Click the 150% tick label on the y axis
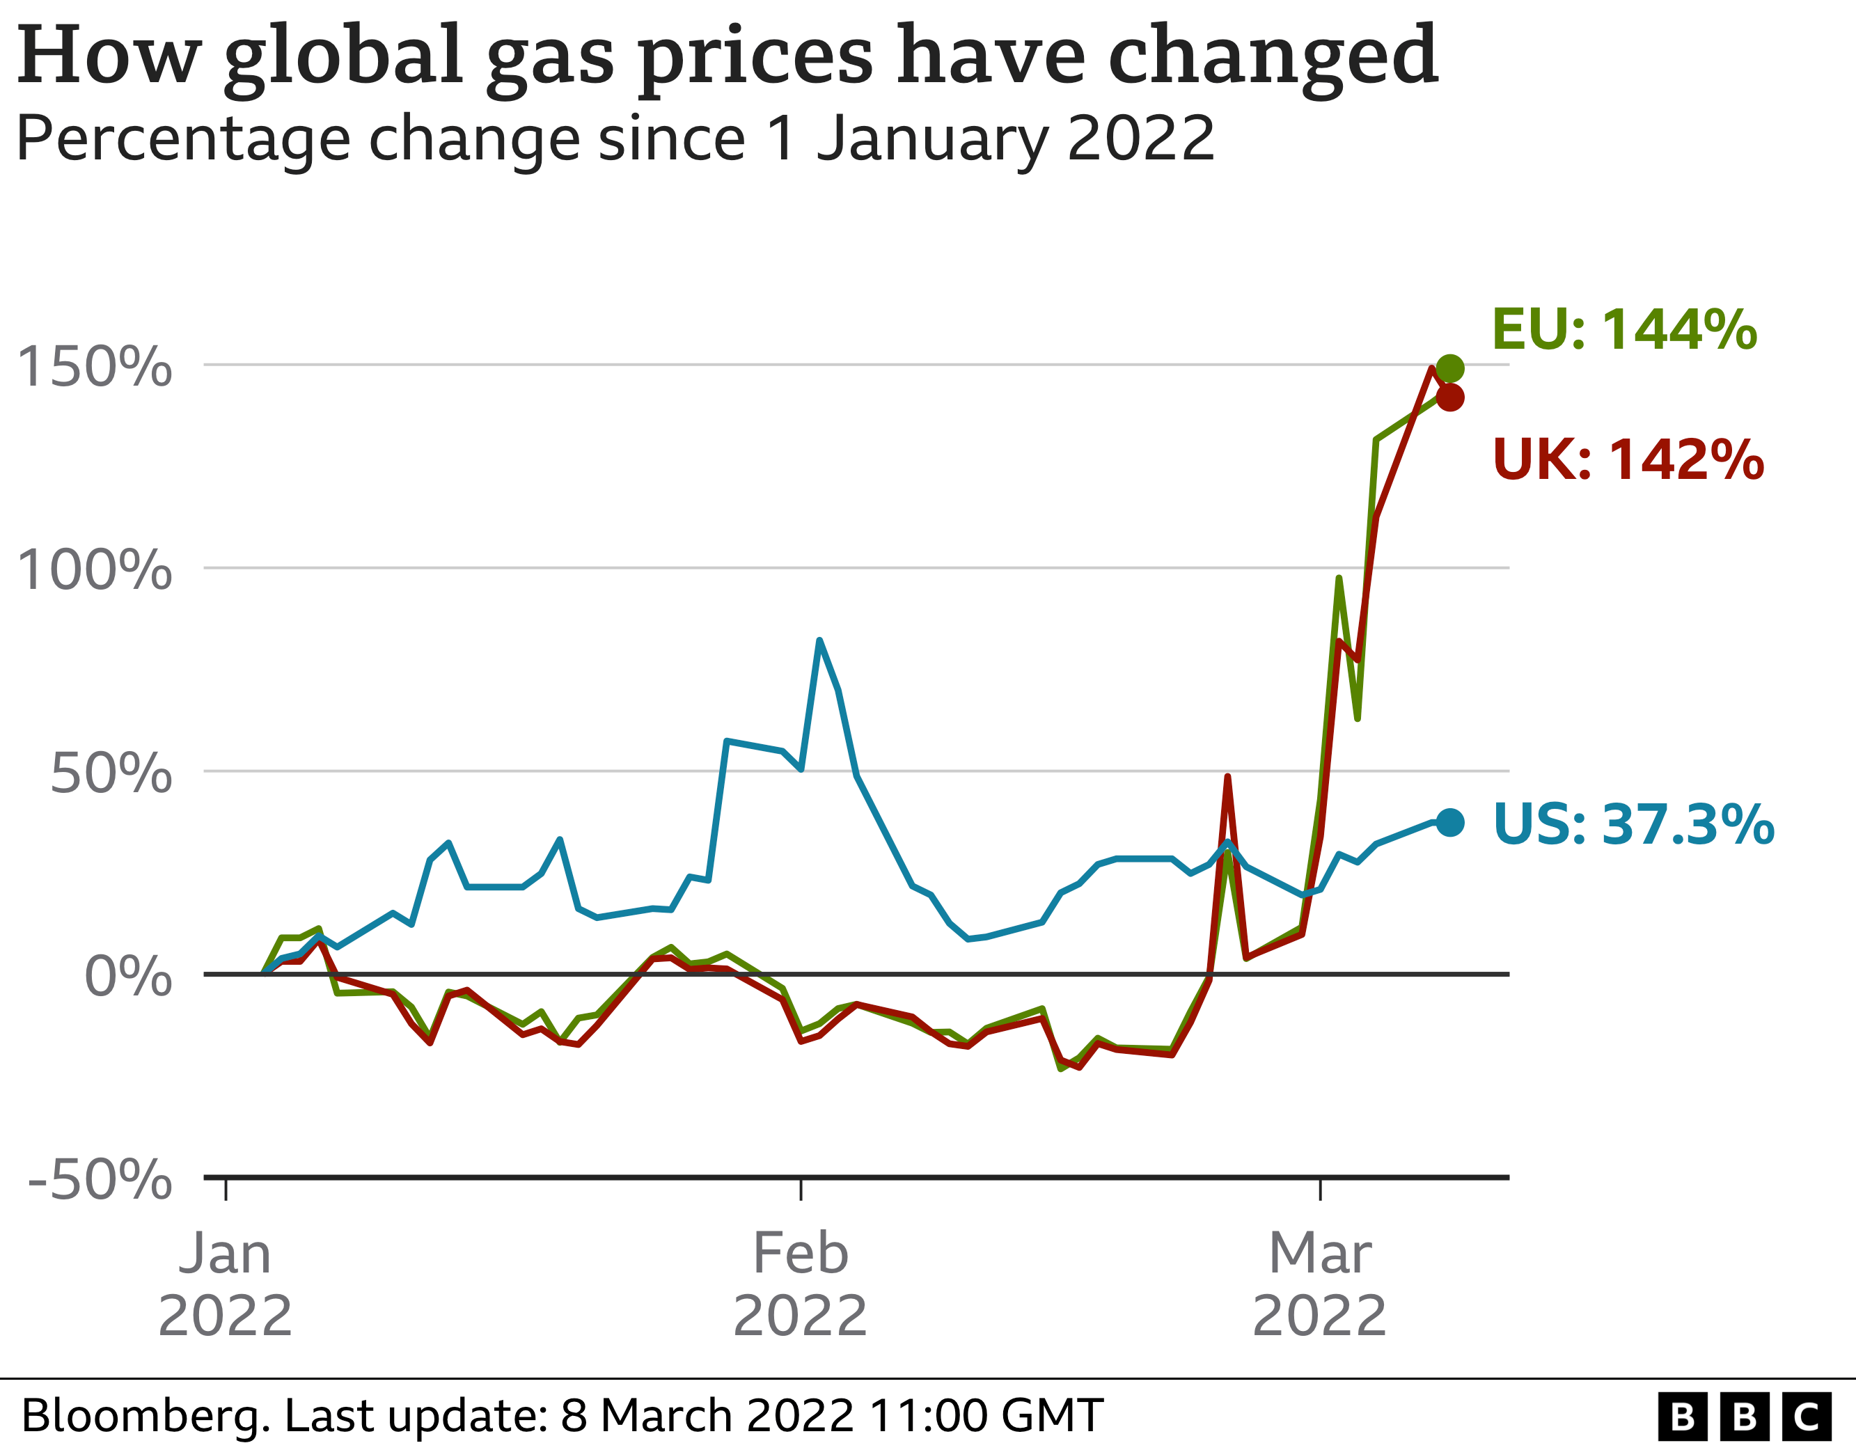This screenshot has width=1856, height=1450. pyautogui.click(x=94, y=367)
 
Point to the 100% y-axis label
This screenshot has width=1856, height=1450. pyautogui.click(x=94, y=569)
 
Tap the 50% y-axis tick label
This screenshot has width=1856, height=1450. pyautogui.click(x=111, y=773)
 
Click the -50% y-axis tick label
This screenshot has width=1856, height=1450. pyautogui.click(x=100, y=1180)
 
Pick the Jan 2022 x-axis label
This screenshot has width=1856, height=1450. pyautogui.click(x=225, y=1284)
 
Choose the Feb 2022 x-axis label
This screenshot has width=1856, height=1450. pyautogui.click(x=801, y=1284)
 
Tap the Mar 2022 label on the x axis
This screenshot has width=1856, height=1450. pyautogui.click(x=1320, y=1284)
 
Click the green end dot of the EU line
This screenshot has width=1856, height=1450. pyautogui.click(x=1450, y=368)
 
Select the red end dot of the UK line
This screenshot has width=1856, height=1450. pyautogui.click(x=1450, y=397)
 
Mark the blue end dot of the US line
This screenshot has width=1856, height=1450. pyautogui.click(x=1450, y=822)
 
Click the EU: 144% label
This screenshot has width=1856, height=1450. pyautogui.click(x=1624, y=329)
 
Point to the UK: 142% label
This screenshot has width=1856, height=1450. pyautogui.click(x=1628, y=460)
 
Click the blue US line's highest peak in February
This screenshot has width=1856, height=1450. pyautogui.click(x=819, y=640)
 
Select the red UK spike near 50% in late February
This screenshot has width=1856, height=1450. pyautogui.click(x=1227, y=777)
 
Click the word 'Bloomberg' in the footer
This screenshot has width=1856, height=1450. pyautogui.click(x=146, y=1416)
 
